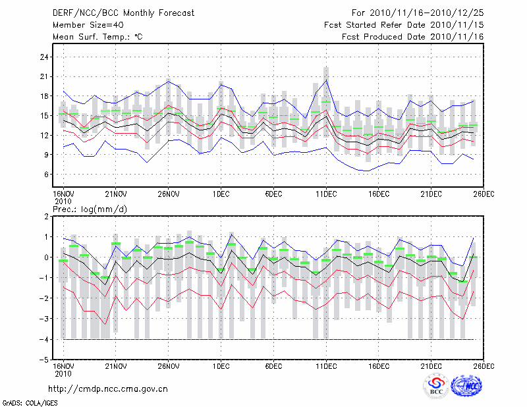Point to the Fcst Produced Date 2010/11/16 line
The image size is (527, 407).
click(x=413, y=36)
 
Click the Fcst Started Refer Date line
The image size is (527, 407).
click(x=404, y=24)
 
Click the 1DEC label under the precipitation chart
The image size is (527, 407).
click(x=221, y=366)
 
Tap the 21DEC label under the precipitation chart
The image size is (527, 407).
click(x=431, y=366)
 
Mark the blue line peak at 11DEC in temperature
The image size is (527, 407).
click(x=326, y=80)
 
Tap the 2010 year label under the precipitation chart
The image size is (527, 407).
click(x=63, y=373)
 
